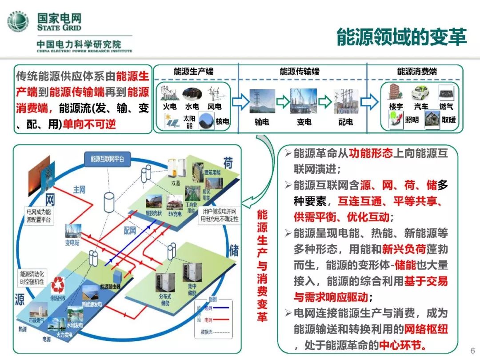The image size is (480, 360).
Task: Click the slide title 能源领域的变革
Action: (x=401, y=37)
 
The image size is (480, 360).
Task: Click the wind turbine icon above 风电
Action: (x=215, y=94)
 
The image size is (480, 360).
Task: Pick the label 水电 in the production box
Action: (x=192, y=107)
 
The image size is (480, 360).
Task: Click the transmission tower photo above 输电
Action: (x=262, y=101)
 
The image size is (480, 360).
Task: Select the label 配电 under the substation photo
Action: (x=346, y=122)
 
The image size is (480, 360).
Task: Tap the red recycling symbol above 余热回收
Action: (x=58, y=285)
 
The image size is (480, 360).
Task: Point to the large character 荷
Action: (x=228, y=164)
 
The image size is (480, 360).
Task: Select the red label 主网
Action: (x=79, y=190)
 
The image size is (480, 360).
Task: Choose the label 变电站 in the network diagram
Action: (x=75, y=243)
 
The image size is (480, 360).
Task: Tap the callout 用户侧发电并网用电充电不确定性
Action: (x=219, y=215)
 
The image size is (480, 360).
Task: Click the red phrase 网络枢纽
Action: (x=425, y=329)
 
